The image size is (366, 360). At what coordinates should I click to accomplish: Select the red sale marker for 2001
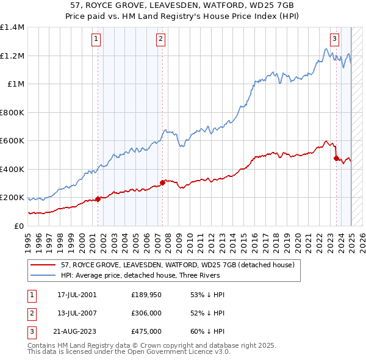point(98,198)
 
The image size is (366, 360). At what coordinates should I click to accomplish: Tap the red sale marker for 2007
point(162,182)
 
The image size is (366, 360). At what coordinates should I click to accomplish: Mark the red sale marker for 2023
point(336,158)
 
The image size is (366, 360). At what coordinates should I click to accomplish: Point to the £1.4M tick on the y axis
point(12,27)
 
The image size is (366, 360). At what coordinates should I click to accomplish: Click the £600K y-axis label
point(12,141)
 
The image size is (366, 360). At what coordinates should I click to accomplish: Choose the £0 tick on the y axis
point(18,226)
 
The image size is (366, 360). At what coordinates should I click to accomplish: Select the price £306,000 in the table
point(146,313)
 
